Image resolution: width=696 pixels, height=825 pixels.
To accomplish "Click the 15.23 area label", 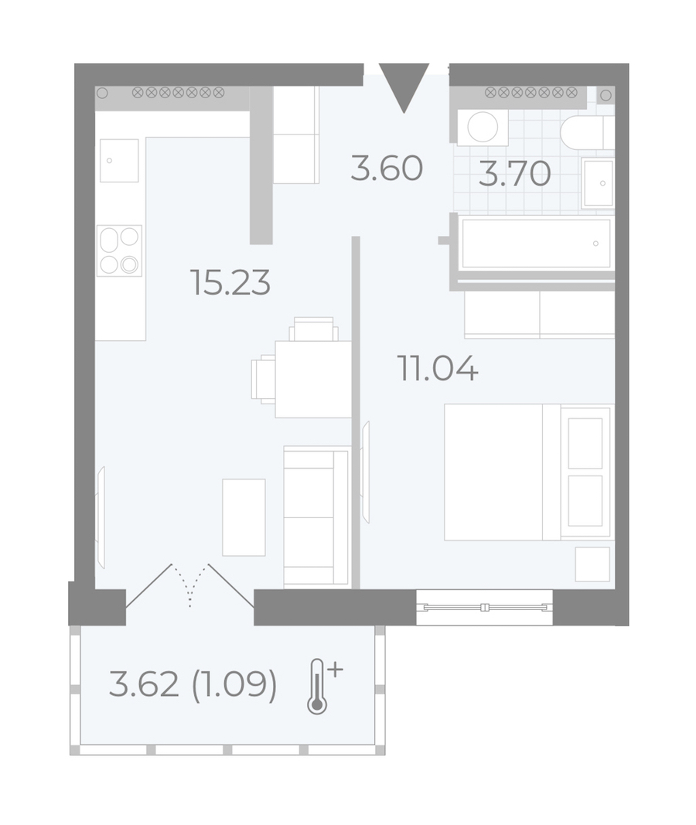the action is pyautogui.click(x=230, y=282).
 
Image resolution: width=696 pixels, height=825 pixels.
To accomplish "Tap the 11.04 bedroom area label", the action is pyautogui.click(x=438, y=368).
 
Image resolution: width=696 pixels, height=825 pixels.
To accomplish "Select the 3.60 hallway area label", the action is pyautogui.click(x=387, y=169).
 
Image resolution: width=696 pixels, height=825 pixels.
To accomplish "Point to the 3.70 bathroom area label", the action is pyautogui.click(x=514, y=174).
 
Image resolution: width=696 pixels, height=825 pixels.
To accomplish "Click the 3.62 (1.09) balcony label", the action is pyautogui.click(x=193, y=685).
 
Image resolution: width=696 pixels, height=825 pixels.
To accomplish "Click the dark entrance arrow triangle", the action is pyautogui.click(x=404, y=87).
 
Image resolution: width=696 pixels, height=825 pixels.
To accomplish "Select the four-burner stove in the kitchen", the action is pyautogui.click(x=119, y=251).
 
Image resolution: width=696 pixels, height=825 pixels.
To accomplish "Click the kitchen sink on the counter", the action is pyautogui.click(x=119, y=161).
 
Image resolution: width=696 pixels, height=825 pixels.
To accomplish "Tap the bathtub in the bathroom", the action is pyautogui.click(x=536, y=243).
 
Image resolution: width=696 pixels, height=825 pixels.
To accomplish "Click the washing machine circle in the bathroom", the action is pyautogui.click(x=483, y=127).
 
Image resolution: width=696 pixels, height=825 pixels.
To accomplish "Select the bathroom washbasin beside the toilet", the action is pyautogui.click(x=599, y=183).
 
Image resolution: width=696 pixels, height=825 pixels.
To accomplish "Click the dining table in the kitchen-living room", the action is pyautogui.click(x=313, y=379).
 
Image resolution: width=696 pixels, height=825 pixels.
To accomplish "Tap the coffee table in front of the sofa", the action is pyautogui.click(x=244, y=517).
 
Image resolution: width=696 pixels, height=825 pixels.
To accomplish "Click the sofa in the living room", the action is pyautogui.click(x=316, y=517).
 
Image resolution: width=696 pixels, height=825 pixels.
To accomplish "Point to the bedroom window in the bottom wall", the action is pyautogui.click(x=485, y=608).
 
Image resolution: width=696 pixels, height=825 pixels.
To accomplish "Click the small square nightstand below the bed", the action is pyautogui.click(x=592, y=564).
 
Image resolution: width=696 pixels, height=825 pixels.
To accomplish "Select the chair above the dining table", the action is pyautogui.click(x=313, y=329).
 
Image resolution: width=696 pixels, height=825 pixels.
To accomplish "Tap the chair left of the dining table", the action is pyautogui.click(x=264, y=379).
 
